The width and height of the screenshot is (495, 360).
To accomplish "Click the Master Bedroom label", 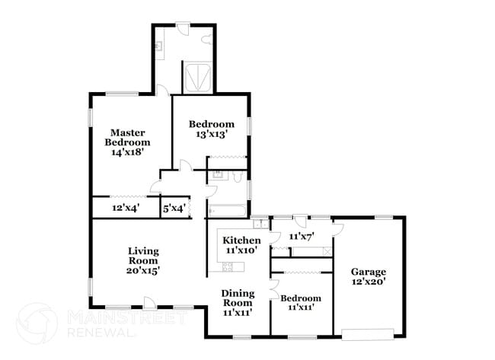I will [x=127, y=137].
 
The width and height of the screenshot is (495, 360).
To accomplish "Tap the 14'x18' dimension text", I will [x=127, y=152].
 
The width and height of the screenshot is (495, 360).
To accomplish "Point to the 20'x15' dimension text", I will [x=143, y=269].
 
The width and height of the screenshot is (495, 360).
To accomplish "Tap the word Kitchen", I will [x=241, y=241].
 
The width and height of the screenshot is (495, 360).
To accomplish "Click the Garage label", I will [x=369, y=272].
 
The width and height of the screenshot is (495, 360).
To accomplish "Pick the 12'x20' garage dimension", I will [x=369, y=282].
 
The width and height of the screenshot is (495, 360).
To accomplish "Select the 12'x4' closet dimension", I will [x=126, y=208].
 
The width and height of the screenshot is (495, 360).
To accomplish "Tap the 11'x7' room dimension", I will [x=301, y=237].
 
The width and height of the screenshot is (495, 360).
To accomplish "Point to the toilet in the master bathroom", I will [x=206, y=40].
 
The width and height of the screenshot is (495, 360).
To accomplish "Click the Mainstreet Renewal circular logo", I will [x=37, y=323].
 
